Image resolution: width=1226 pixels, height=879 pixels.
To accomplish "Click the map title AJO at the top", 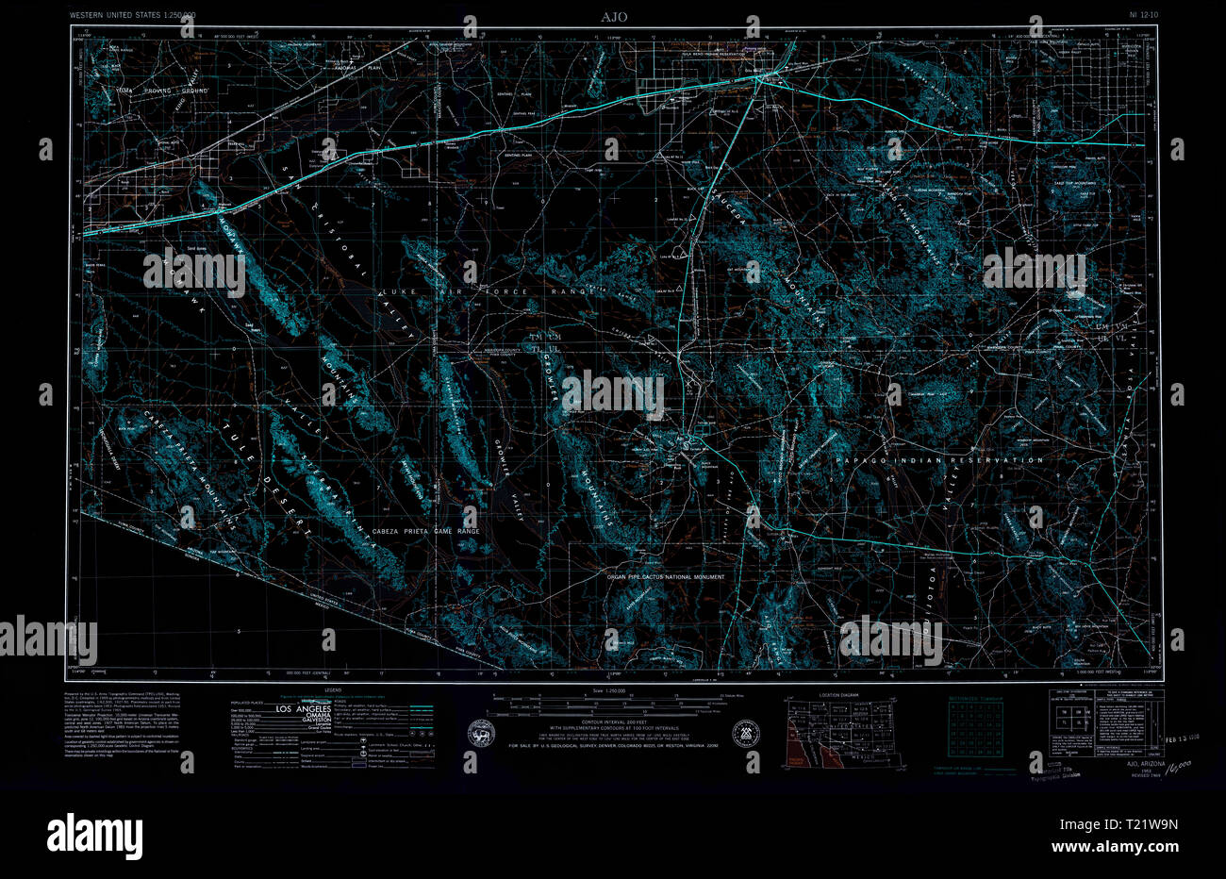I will (x=613, y=16).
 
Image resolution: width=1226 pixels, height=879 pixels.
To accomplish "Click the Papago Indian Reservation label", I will (x=939, y=460).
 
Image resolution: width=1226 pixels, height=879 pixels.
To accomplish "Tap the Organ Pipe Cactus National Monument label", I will (x=665, y=577).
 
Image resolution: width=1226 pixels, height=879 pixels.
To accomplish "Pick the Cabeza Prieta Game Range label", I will (x=425, y=532).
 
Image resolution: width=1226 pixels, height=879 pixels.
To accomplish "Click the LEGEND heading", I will (x=332, y=690).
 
